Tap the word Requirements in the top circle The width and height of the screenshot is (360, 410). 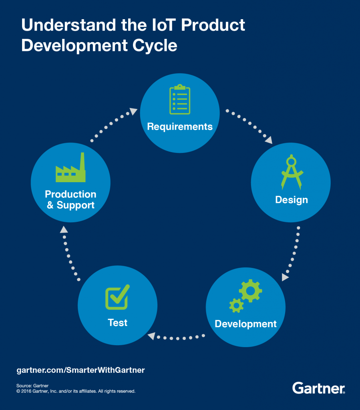[180, 127]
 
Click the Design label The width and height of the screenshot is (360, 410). [292, 199]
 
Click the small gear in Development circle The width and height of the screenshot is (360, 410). [236, 305]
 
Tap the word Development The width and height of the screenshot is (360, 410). [245, 324]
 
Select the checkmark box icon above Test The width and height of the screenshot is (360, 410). [117, 297]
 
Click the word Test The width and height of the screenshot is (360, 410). [118, 322]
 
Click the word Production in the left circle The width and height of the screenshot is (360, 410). [70, 194]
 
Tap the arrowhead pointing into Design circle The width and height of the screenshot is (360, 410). [269, 140]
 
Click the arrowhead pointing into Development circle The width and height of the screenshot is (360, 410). [285, 277]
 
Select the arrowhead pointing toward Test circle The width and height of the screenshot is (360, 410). [151, 336]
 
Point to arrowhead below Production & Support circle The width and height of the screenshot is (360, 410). [64, 229]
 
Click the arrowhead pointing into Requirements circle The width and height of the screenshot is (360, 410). [134, 111]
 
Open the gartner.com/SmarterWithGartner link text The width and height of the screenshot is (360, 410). [81, 370]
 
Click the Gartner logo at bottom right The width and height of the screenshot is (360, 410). [319, 388]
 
